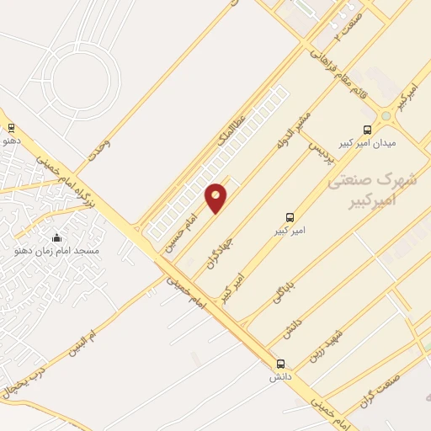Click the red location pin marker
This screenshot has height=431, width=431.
pos(216,198)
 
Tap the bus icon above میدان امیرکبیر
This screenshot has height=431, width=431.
pos(366,130)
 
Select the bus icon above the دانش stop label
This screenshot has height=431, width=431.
pos(280,364)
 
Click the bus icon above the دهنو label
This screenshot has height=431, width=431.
pos(11,128)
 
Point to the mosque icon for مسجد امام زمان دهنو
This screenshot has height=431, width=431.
pos(56,237)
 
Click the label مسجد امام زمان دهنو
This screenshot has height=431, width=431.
pos(56,251)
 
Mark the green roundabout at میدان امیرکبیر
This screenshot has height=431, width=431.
pos(386,115)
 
